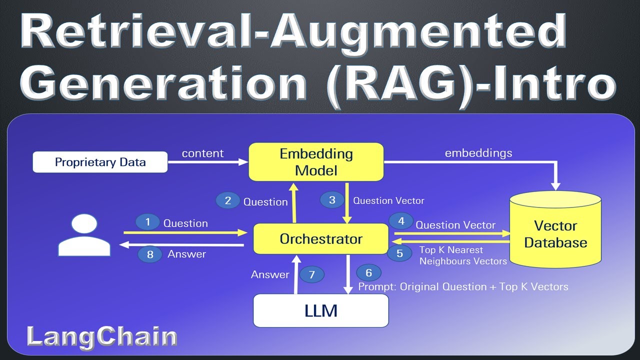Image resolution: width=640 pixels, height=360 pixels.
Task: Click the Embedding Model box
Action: pos(316,162)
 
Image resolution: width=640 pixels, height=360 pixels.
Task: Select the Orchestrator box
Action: pos(320,238)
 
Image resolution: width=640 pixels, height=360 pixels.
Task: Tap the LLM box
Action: pos(320,310)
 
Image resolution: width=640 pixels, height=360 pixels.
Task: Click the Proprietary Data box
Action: pos(100,162)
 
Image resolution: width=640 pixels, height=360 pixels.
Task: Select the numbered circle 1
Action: pos(147,222)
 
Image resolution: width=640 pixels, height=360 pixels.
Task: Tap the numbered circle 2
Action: pos(228,200)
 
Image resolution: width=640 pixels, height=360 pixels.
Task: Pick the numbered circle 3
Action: pos(332,200)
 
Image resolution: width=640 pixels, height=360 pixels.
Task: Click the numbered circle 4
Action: pos(400,220)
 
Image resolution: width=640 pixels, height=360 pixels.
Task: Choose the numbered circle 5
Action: pos(399,253)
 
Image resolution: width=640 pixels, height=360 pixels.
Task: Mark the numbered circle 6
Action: pos(369,272)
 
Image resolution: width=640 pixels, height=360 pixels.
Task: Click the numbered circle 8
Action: pos(150,254)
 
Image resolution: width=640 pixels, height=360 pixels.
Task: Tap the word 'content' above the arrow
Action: pos(202,153)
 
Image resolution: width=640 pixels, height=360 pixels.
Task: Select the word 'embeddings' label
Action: pos(478,153)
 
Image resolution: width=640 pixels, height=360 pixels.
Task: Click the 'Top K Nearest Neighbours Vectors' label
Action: pos(462,255)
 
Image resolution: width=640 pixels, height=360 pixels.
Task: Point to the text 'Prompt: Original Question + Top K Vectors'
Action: pos(463,286)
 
